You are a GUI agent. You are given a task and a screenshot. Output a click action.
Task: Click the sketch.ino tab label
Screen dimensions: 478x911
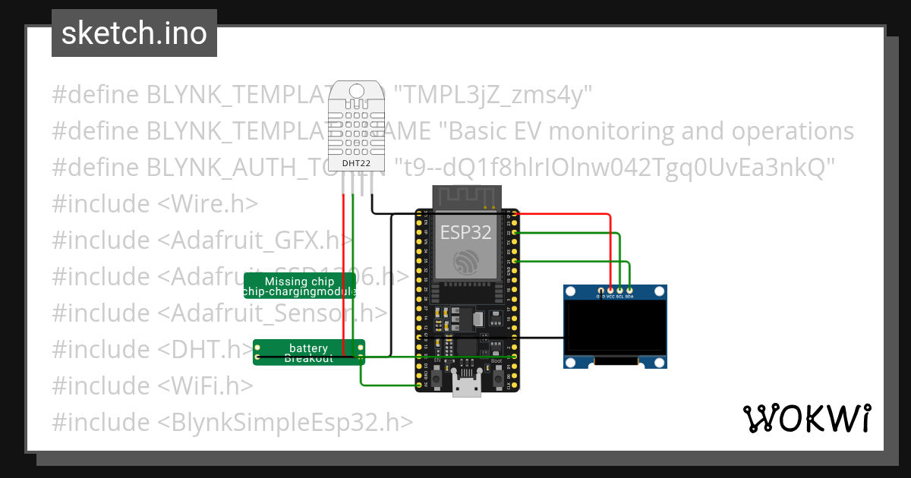coord(134,33)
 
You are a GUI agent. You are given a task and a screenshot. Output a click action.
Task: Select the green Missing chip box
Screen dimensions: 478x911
coord(299,286)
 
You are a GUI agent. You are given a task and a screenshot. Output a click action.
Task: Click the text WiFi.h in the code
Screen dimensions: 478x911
coord(205,385)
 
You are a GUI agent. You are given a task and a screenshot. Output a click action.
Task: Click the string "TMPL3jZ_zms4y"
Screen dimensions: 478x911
coord(494,95)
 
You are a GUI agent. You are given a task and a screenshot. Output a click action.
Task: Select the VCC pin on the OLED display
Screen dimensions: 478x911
coord(611,291)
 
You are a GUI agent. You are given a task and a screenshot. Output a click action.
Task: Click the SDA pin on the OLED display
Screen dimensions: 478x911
coord(629,291)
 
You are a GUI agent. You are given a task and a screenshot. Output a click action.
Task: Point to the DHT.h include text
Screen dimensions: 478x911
coord(205,349)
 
